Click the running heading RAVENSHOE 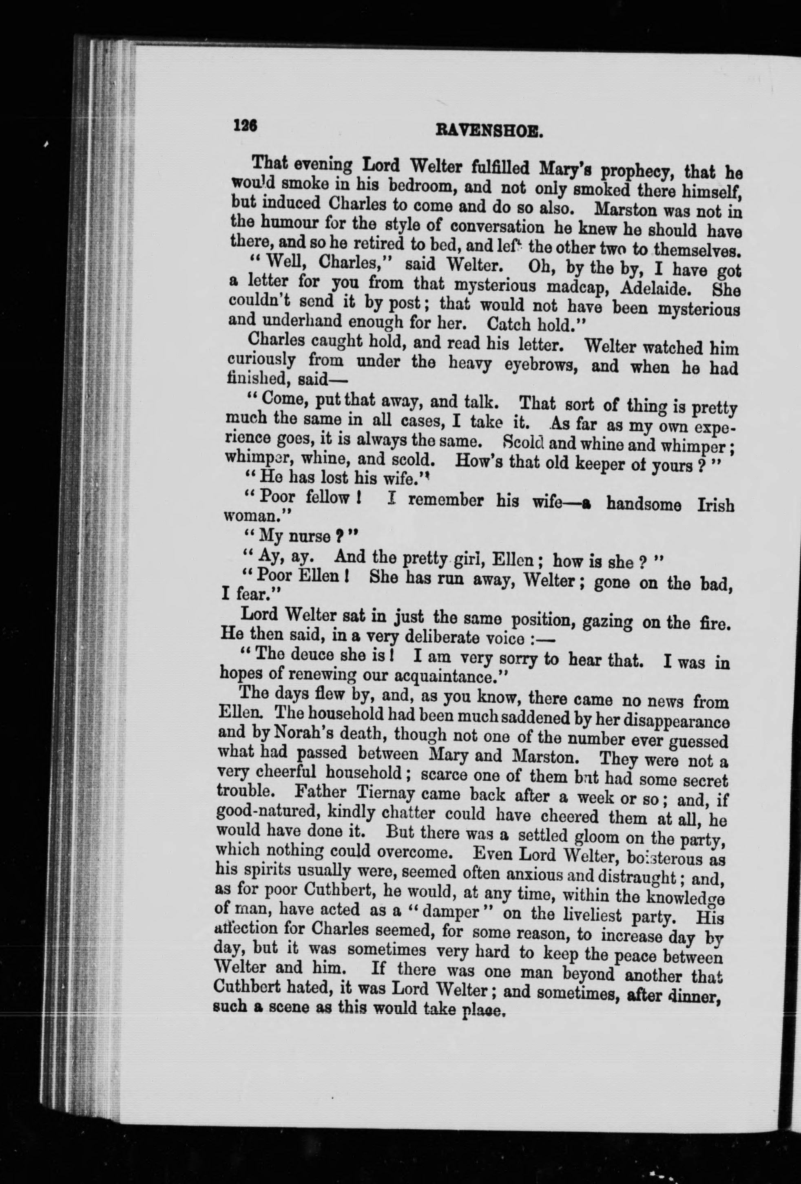[489, 133]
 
